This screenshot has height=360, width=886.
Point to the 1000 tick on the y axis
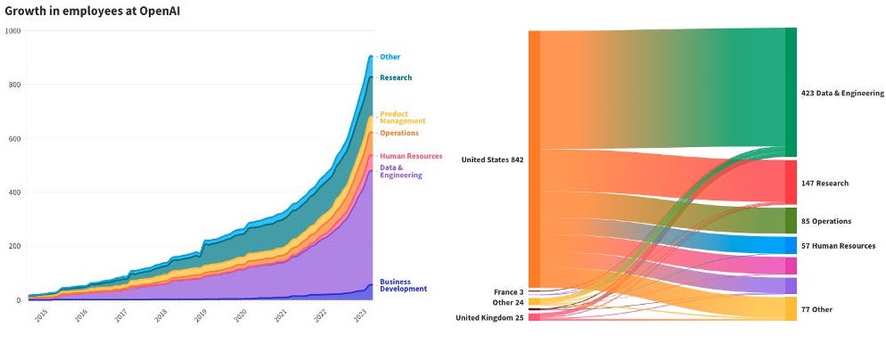[13, 30]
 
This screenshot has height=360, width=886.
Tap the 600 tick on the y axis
[15, 138]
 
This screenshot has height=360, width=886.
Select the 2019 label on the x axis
[201, 315]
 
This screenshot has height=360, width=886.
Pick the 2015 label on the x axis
[40, 315]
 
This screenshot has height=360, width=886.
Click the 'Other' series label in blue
[390, 57]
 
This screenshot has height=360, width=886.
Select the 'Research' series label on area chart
[396, 78]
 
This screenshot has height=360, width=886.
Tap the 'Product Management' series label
[402, 118]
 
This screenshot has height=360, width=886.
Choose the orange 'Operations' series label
[398, 133]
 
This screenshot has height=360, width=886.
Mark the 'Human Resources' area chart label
[411, 156]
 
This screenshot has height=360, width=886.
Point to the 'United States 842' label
[492, 160]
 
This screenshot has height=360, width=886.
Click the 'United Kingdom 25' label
[489, 317]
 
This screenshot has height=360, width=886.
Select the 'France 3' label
[509, 291]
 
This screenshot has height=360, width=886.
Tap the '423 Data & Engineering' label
[842, 93]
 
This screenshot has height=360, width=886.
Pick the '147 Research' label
[824, 183]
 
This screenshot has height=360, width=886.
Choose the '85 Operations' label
[825, 221]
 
